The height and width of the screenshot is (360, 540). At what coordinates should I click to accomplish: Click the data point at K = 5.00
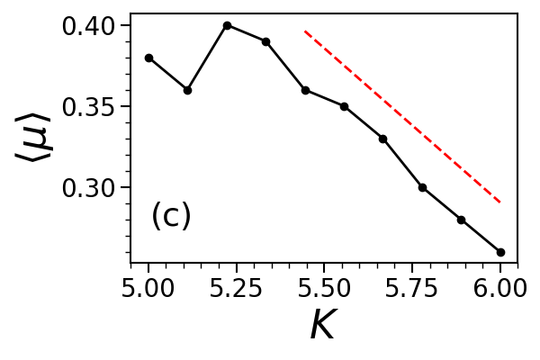(x=148, y=58)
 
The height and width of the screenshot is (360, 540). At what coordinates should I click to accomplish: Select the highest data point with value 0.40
(x=227, y=25)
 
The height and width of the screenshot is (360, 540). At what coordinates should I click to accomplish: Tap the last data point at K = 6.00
(x=500, y=252)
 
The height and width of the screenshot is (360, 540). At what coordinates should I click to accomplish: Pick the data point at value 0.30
(x=422, y=187)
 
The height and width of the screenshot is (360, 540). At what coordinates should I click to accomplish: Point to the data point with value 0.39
(x=265, y=41)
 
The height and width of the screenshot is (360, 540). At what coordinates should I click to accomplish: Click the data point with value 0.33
(x=382, y=139)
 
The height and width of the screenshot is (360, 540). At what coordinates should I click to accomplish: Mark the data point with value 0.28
(x=461, y=220)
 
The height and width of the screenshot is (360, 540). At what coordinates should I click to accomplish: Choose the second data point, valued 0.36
(x=187, y=90)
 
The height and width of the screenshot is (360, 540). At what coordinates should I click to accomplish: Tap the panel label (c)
(x=171, y=216)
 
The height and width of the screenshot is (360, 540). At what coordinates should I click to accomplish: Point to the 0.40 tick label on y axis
(x=89, y=26)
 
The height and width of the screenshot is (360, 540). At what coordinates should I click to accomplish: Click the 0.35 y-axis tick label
(x=89, y=107)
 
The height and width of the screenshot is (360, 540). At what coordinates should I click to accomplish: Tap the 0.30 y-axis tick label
(x=89, y=188)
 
